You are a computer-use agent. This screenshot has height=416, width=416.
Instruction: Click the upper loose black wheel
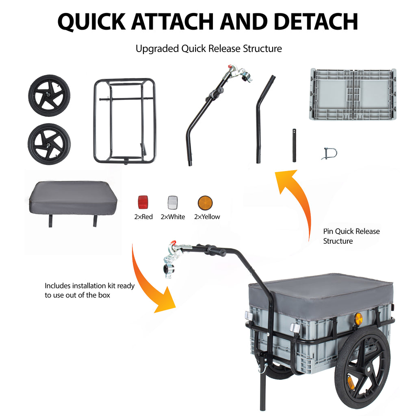pos(49,95)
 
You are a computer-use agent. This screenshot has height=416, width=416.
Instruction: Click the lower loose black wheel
pos(49,144)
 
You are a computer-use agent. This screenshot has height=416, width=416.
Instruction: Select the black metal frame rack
pos(125,120)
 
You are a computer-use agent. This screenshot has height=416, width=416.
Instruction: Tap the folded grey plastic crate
pos(352,95)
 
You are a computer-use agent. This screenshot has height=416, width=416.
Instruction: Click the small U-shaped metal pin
pos(329,154)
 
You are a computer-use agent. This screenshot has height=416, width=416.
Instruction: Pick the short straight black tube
pos(294,146)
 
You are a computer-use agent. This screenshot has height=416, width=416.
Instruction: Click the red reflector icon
pos(143,202)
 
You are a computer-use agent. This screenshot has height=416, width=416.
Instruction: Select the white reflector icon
pos(173,202)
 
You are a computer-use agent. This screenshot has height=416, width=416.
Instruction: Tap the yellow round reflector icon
pos(205,202)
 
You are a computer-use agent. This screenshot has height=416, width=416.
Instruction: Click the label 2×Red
pos(143,217)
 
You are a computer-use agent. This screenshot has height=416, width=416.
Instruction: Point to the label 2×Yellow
pos(207,217)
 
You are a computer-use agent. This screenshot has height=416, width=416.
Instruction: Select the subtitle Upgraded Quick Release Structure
pos(208,49)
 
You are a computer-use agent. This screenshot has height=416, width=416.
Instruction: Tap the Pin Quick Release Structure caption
pos(351,236)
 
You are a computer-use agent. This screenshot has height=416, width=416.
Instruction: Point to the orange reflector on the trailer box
pos(358,318)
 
